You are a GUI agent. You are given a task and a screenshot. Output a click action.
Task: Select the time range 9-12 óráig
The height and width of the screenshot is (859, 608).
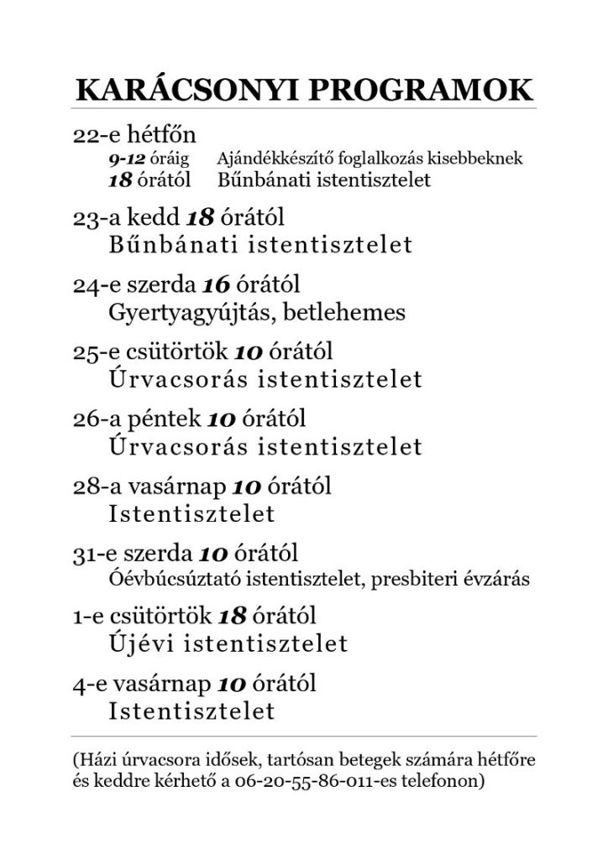(149, 158)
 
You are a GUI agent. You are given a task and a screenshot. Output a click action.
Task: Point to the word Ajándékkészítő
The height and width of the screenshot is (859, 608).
(268, 158)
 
